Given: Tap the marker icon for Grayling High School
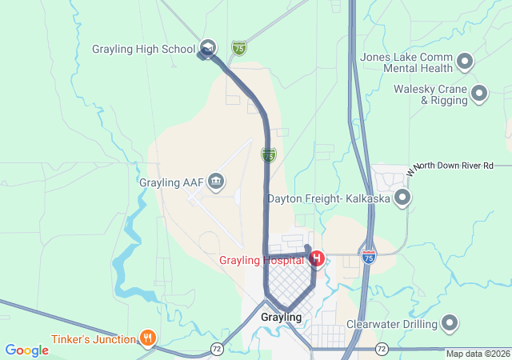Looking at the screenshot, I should click(208, 48).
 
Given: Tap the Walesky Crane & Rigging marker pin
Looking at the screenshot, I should click(480, 94).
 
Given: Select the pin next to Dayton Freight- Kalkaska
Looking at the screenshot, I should click(402, 197).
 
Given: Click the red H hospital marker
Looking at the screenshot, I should click(317, 258).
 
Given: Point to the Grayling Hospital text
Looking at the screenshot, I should click(262, 260).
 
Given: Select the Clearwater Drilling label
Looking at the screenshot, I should click(391, 324).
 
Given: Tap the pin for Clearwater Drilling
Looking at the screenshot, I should click(450, 324).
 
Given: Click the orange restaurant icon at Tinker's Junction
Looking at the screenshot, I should click(147, 338).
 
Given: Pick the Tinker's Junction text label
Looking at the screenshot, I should click(94, 339).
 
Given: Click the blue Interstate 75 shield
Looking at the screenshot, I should click(368, 257).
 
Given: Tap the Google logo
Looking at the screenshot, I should click(26, 350).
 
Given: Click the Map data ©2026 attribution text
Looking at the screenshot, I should click(478, 354).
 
